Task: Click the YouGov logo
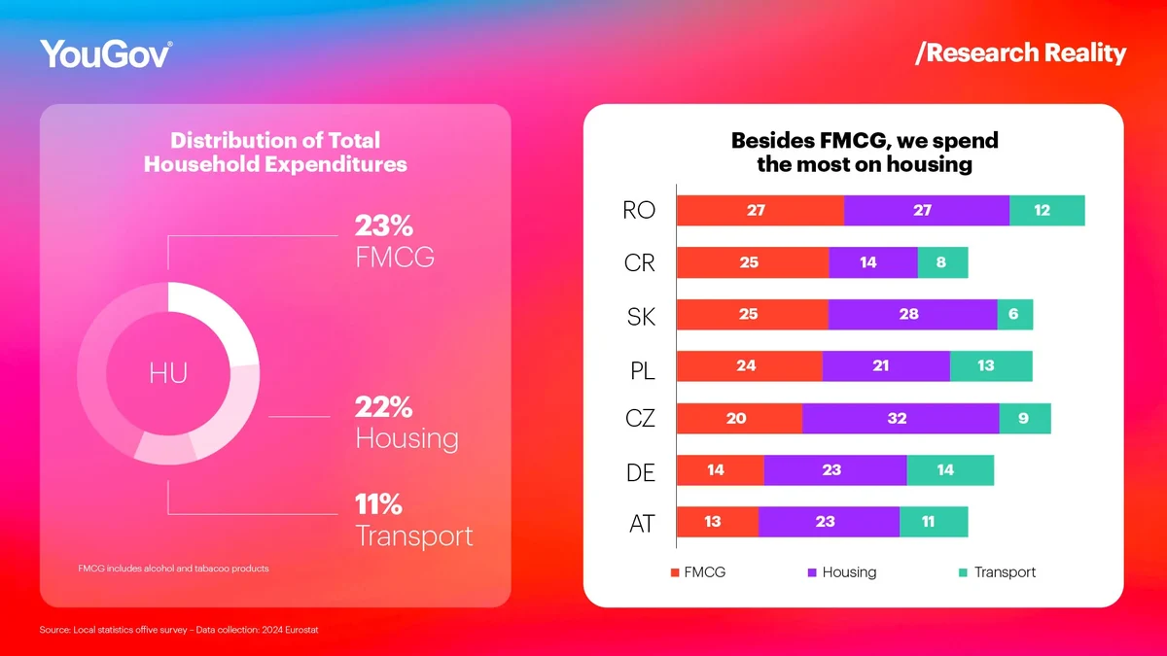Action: click(x=106, y=53)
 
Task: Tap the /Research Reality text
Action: click(x=1020, y=52)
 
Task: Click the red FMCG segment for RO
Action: click(x=760, y=211)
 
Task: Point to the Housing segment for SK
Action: click(x=912, y=315)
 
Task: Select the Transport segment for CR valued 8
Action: click(x=942, y=262)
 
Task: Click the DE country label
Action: click(x=641, y=472)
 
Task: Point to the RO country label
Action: click(x=639, y=211)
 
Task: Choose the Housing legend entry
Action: click(x=841, y=572)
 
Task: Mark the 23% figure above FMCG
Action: click(x=384, y=226)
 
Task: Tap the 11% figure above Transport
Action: click(x=378, y=504)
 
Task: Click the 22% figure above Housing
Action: click(x=384, y=406)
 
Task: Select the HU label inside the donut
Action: click(x=168, y=373)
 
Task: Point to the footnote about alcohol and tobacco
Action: click(x=173, y=568)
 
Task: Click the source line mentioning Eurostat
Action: click(x=179, y=630)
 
